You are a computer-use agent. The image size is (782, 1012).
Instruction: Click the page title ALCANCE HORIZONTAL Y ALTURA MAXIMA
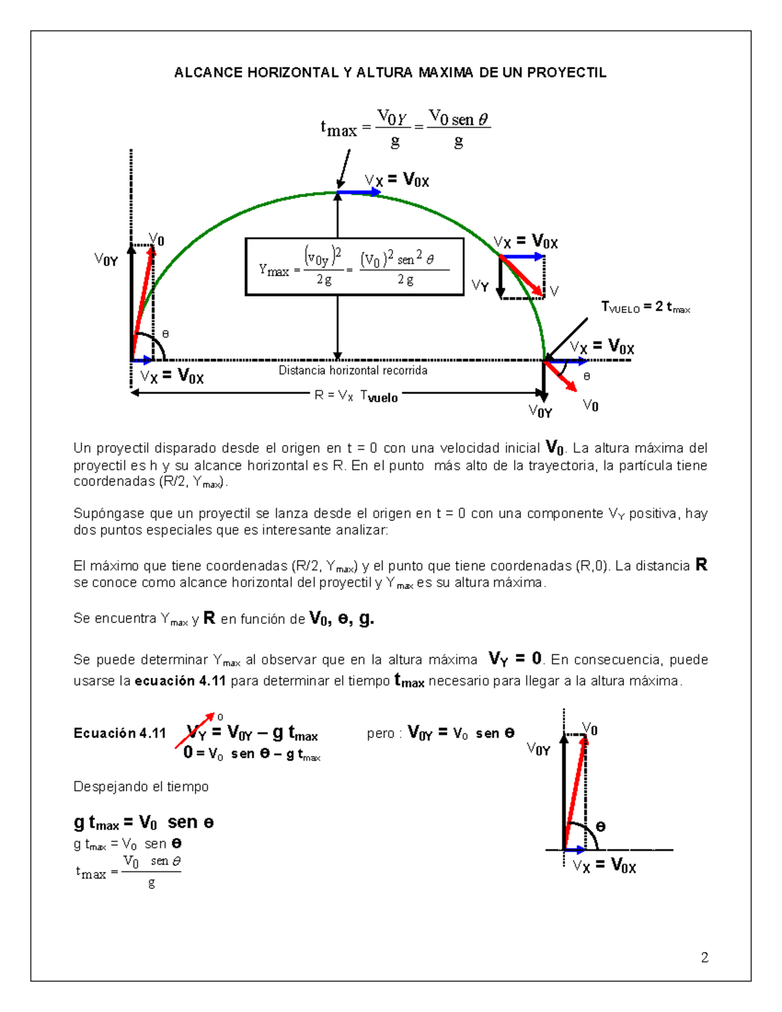pyautogui.click(x=390, y=73)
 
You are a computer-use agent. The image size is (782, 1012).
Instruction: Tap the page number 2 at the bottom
pyautogui.click(x=704, y=957)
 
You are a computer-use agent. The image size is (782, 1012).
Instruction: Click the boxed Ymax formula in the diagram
pyautogui.click(x=354, y=267)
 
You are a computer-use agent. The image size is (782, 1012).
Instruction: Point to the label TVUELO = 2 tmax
pyautogui.click(x=645, y=307)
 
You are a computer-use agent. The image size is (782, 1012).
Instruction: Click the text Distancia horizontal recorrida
pyautogui.click(x=353, y=371)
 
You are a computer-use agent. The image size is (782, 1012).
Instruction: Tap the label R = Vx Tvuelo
pyautogui.click(x=356, y=396)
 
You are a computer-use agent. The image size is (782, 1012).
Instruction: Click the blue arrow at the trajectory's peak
pyautogui.click(x=358, y=192)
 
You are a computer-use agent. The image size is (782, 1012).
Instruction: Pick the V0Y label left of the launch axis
pyautogui.click(x=106, y=261)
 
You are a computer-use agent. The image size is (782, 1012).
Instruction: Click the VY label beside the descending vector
pyautogui.click(x=480, y=285)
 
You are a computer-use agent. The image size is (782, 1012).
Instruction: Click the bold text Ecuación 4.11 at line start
pyautogui.click(x=120, y=734)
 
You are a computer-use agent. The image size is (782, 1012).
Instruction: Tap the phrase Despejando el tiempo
pyautogui.click(x=141, y=787)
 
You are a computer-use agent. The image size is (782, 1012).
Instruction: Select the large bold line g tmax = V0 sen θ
pyautogui.click(x=143, y=823)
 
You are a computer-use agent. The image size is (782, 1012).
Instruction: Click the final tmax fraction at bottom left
pyautogui.click(x=128, y=872)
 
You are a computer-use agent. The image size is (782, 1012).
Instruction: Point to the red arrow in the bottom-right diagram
pyautogui.click(x=575, y=792)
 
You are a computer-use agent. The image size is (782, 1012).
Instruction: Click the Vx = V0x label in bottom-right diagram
pyautogui.click(x=604, y=866)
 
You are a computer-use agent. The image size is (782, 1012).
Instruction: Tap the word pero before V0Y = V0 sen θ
pyautogui.click(x=381, y=734)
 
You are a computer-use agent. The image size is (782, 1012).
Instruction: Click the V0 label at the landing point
pyautogui.click(x=590, y=406)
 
